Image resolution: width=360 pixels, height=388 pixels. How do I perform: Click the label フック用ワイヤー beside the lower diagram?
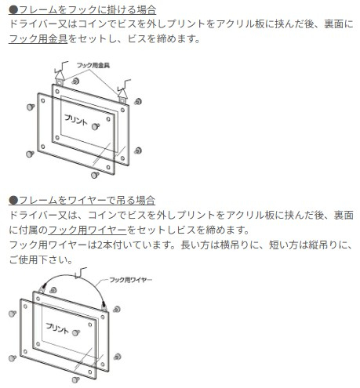pyautogui.click(x=129, y=280)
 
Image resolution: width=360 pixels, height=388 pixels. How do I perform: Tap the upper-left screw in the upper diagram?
pyautogui.click(x=29, y=100)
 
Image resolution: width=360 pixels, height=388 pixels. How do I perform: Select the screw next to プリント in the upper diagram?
pyautogui.click(x=94, y=126)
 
